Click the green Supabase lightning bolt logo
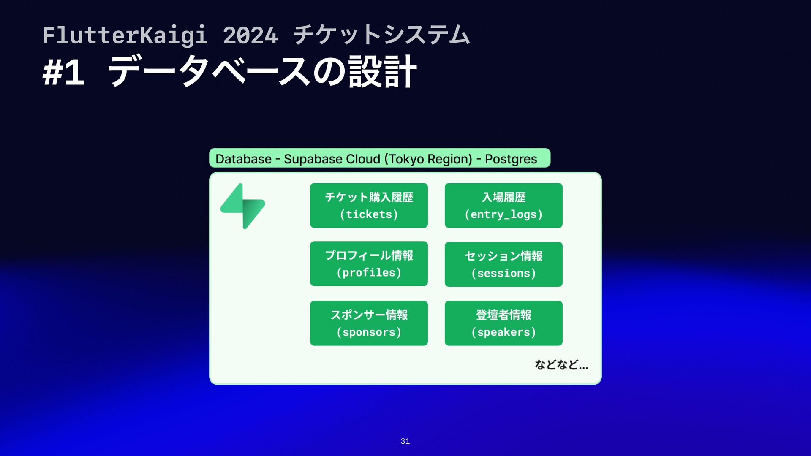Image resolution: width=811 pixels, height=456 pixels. tap(242, 206)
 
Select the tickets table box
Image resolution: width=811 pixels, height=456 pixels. tap(369, 206)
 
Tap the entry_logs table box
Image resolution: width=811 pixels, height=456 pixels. tap(503, 206)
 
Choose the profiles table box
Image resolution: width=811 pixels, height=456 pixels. tap(369, 264)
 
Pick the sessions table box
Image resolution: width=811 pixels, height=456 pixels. tap(503, 264)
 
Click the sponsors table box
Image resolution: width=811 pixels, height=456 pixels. tap(369, 323)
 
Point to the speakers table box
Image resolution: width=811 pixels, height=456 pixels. tap(503, 323)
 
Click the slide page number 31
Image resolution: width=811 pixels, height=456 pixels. tap(405, 441)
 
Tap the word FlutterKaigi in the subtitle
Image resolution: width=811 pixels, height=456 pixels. tap(125, 35)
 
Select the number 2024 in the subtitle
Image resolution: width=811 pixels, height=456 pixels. tap(250, 35)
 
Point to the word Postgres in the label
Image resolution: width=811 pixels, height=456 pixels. tap(511, 159)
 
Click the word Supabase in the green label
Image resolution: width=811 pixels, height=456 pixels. tap(313, 159)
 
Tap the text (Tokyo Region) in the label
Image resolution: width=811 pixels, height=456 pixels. tap(428, 159)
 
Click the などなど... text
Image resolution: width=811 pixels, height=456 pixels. tap(561, 364)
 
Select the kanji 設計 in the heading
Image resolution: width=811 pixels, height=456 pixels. tap(383, 72)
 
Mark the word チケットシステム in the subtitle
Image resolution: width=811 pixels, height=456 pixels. tap(381, 35)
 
